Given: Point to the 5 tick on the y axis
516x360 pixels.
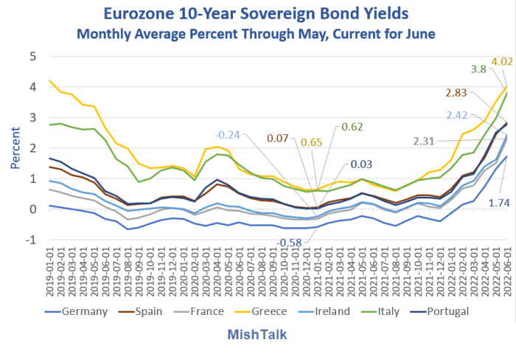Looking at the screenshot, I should click(32, 56).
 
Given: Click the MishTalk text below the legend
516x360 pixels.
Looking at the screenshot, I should click(257, 334).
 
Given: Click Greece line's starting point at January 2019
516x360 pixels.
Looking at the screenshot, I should click(49, 80).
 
